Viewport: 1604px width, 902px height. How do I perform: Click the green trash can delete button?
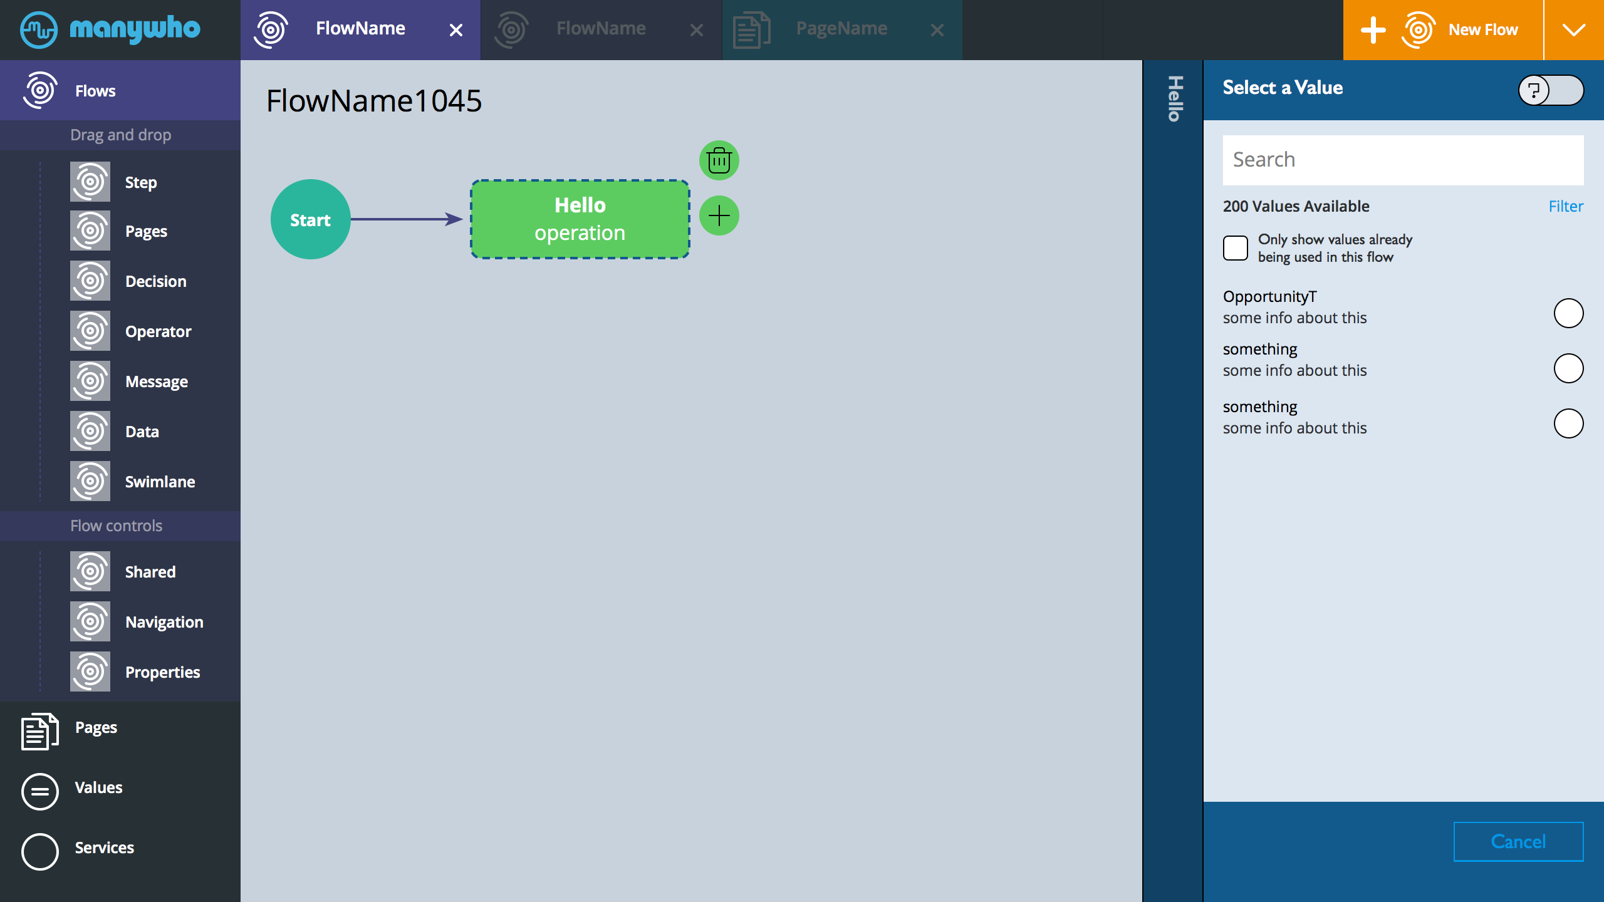click(x=719, y=160)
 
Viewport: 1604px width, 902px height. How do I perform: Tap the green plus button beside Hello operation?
click(x=719, y=215)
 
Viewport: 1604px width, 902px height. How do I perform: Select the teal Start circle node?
click(x=310, y=219)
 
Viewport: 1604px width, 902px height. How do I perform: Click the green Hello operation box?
click(x=580, y=219)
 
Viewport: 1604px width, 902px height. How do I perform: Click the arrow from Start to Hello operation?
click(x=407, y=219)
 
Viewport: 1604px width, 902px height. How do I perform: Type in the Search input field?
click(x=1403, y=160)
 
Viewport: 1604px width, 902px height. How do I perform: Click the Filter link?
click(x=1566, y=206)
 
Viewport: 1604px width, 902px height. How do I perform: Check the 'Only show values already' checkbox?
click(x=1236, y=248)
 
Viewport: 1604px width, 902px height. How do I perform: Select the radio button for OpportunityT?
click(x=1568, y=313)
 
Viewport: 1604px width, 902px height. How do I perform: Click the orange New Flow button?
click(x=1443, y=30)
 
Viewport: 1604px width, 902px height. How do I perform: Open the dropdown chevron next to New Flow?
click(x=1574, y=30)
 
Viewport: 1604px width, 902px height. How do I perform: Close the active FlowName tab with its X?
click(x=456, y=30)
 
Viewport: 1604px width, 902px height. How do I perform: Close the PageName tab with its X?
click(x=937, y=30)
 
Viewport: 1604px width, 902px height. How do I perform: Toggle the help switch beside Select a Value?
click(x=1551, y=90)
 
